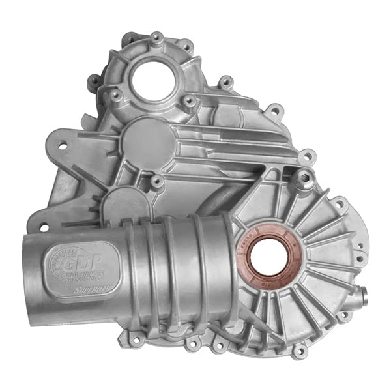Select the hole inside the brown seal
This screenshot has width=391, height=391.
point(268,257)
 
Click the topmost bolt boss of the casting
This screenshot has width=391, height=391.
point(157,38)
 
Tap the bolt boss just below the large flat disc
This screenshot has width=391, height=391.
point(157,184)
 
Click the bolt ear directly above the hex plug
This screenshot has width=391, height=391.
point(307,156)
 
